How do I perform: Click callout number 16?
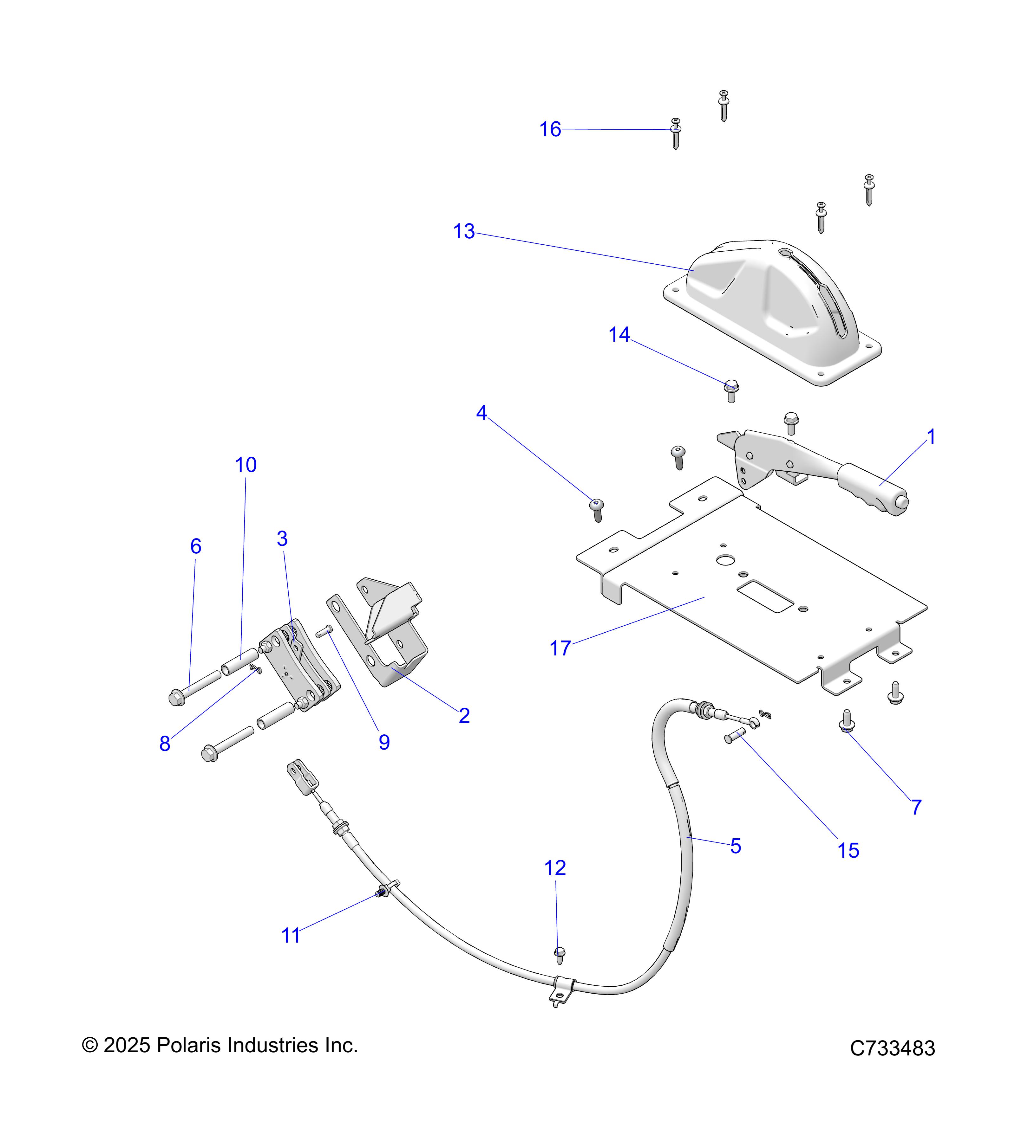pyautogui.click(x=550, y=130)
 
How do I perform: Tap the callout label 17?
pyautogui.click(x=560, y=649)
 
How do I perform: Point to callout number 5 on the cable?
pyautogui.click(x=736, y=846)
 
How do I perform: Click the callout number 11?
pyautogui.click(x=291, y=936)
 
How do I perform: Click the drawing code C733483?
pyautogui.click(x=892, y=1048)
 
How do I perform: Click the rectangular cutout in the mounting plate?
pyautogui.click(x=765, y=596)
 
